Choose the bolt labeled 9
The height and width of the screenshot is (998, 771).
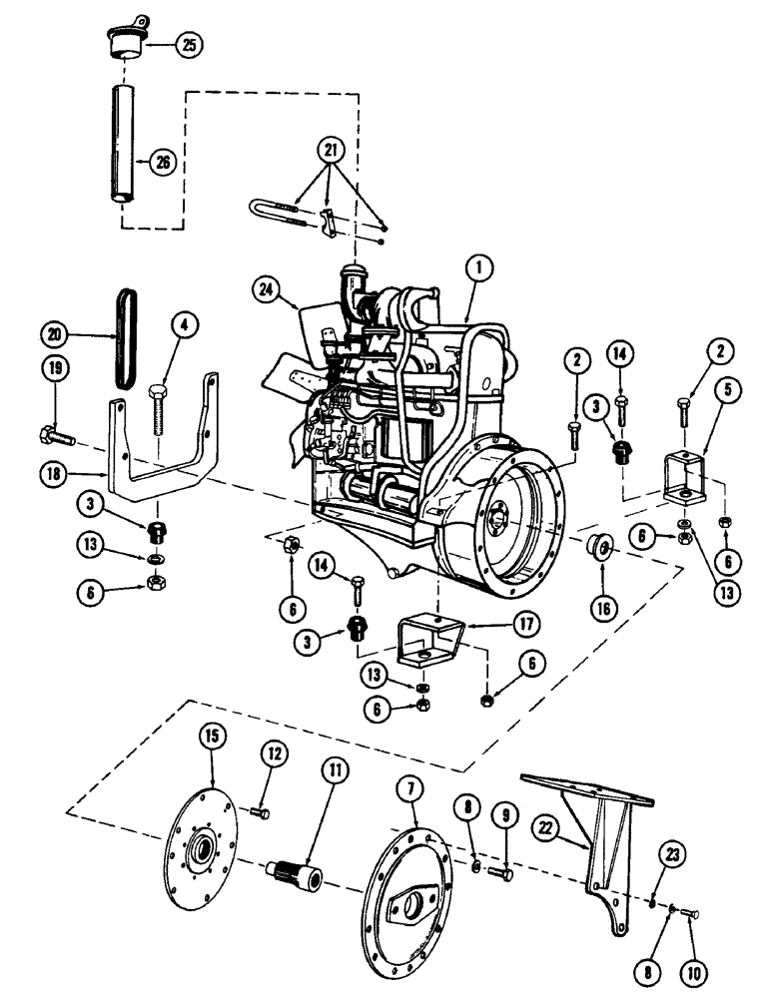pos(503,872)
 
